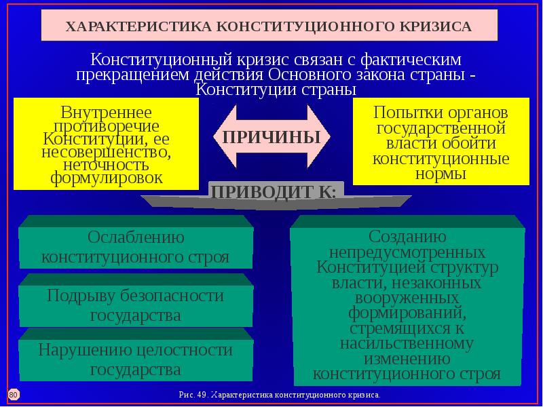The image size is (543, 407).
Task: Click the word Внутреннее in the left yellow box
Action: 107,112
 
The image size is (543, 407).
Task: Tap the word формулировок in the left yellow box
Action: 107,178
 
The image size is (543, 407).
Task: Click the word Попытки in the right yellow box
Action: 401,112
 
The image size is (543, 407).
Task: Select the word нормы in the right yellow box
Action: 441,174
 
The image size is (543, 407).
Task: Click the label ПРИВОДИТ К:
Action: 275,191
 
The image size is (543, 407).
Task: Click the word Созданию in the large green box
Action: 407,237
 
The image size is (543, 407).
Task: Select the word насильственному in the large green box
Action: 407,343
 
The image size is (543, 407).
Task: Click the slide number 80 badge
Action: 13,393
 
